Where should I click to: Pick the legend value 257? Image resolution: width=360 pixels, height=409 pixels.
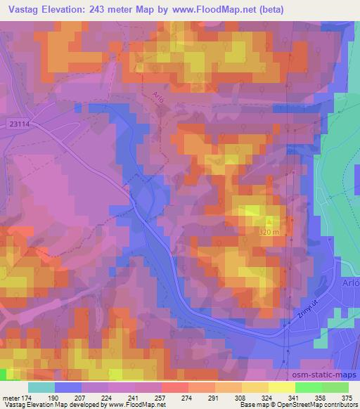161,398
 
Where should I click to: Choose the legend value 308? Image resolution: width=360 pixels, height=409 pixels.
241,398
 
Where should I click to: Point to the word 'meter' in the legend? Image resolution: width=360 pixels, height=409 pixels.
10,398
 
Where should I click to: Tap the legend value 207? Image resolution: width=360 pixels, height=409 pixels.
81,398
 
